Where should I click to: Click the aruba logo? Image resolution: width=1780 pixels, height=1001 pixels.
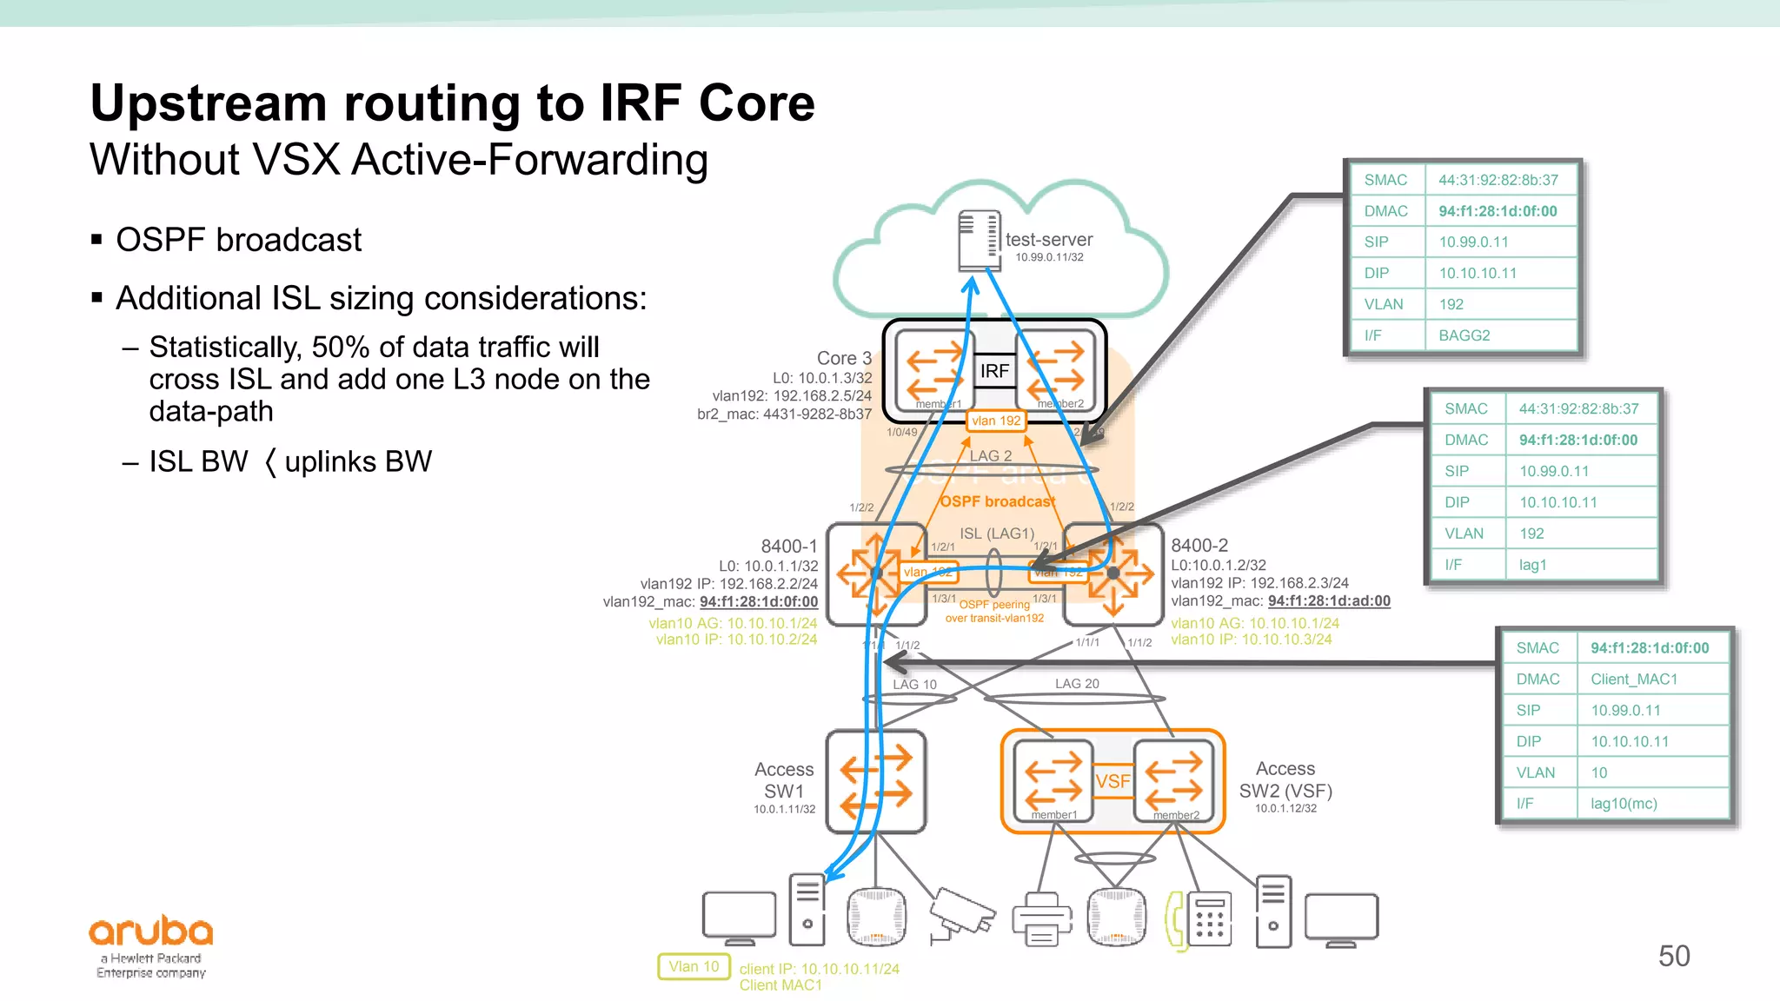coord(150,932)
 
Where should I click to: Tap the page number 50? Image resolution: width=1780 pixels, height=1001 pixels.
coord(1673,956)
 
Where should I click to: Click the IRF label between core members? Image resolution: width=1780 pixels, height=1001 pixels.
coord(994,371)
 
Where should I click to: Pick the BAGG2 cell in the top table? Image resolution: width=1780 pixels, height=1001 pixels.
coord(1464,335)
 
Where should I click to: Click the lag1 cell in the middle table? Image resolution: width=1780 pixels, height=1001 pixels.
coord(1532,565)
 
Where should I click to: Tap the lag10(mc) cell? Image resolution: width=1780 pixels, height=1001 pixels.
coord(1624,804)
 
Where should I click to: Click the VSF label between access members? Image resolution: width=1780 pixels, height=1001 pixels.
coord(1112,781)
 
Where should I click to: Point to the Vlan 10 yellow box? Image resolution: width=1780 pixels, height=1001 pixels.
coord(694,966)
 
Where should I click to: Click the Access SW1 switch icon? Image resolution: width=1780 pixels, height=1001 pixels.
coord(876,781)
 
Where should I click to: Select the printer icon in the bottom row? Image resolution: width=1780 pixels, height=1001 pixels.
coord(1042,919)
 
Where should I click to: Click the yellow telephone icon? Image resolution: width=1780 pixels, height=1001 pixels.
coord(1176,921)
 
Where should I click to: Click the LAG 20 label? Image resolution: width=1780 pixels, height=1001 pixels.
coord(1077,684)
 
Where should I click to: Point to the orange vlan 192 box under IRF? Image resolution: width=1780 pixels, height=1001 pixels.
coord(996,421)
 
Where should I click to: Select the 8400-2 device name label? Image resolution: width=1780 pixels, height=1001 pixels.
coord(1199,546)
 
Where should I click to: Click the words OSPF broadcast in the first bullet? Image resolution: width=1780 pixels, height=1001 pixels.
coord(238,240)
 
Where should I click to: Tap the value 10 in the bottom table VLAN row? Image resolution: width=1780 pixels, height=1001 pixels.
coord(1598,772)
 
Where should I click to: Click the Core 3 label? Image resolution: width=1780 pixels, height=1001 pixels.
coord(843,358)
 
